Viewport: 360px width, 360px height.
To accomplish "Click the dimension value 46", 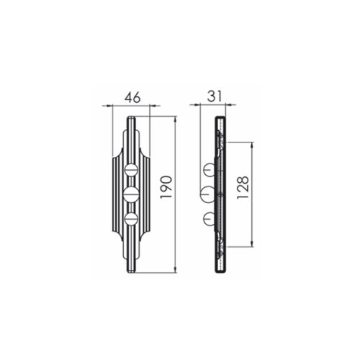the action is point(132,98).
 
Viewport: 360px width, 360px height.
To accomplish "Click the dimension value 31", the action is point(215,96).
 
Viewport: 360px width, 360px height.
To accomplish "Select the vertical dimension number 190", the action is point(166,187).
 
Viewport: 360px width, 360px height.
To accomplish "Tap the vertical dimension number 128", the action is point(243,188).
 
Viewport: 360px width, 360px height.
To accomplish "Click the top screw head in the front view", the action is point(131,170).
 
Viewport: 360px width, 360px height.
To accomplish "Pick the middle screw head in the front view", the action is point(131,194).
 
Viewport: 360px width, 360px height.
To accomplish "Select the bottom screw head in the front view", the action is point(131,219).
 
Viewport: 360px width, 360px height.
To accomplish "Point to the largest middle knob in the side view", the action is point(207,194).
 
